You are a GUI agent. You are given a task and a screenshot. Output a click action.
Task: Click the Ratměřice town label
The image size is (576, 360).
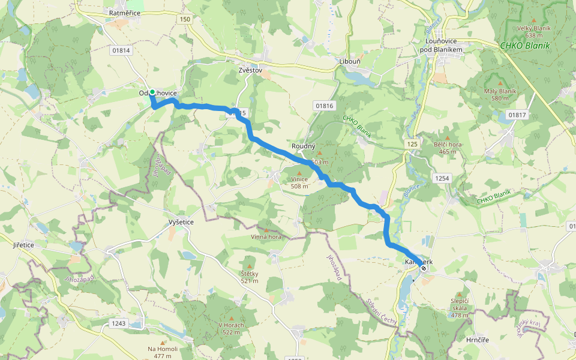125,12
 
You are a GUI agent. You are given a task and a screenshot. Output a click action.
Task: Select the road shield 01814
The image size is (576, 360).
121,50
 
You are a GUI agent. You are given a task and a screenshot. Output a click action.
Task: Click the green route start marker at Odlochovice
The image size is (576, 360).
152,92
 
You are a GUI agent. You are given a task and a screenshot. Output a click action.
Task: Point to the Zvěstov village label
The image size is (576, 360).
250,70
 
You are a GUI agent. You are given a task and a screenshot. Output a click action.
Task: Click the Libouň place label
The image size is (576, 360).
350,62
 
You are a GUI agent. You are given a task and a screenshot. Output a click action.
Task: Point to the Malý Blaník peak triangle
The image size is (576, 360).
500,83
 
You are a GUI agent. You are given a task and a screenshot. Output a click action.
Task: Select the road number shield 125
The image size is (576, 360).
412,144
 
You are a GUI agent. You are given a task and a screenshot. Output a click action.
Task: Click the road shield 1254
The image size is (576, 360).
442,178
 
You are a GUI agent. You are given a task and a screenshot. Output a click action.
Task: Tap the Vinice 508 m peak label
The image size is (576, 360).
299,182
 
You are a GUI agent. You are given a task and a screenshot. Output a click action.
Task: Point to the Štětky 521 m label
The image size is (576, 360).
250,277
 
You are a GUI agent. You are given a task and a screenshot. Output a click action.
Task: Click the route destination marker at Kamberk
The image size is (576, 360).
424,268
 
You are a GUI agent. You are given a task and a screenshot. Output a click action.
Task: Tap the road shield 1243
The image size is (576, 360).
119,323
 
